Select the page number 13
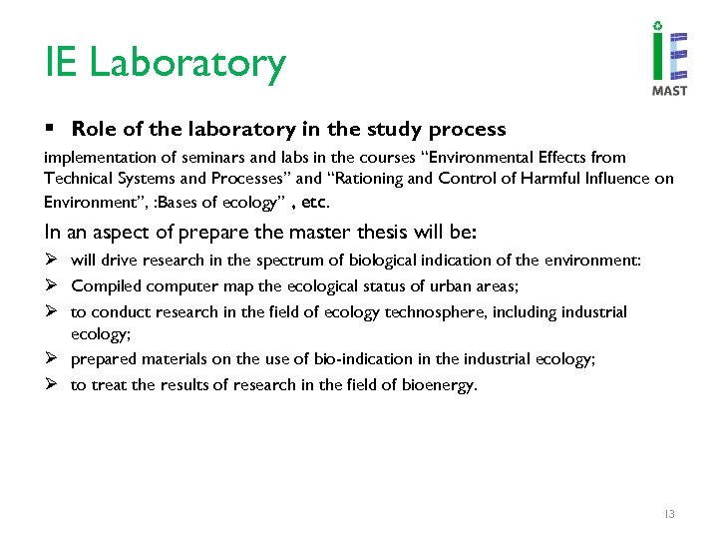(669, 514)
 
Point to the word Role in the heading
(93, 130)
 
